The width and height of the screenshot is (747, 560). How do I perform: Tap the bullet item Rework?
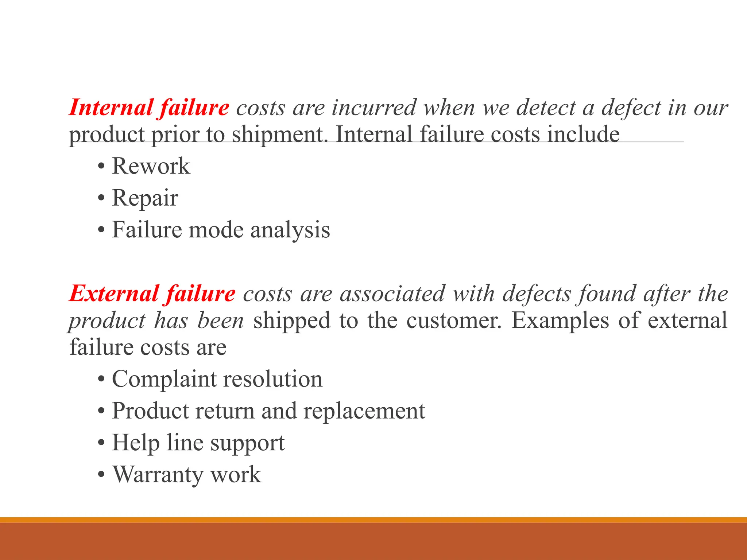151,166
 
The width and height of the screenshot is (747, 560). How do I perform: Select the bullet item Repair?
145,198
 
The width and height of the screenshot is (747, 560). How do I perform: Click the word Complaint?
164,379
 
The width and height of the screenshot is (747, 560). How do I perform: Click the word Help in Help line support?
136,443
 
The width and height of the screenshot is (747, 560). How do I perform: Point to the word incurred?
374,108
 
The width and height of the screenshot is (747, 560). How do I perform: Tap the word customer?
453,321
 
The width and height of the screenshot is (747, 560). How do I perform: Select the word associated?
392,294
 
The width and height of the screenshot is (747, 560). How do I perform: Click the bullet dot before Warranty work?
101,475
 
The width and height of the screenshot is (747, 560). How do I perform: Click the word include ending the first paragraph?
583,135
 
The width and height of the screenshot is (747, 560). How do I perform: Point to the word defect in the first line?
631,108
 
